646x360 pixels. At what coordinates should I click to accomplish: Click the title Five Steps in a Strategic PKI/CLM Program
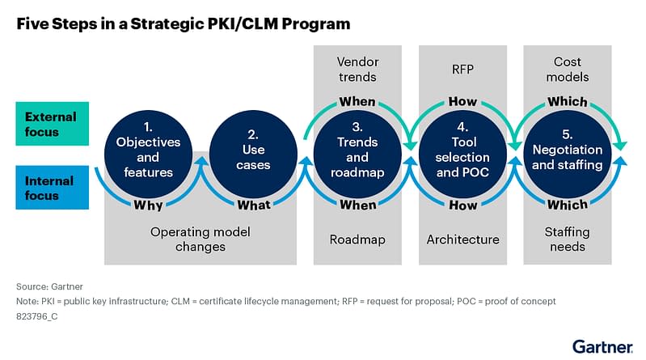click(x=184, y=23)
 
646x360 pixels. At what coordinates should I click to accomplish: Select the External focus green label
click(x=50, y=124)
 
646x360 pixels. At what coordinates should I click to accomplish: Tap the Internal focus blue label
click(x=49, y=188)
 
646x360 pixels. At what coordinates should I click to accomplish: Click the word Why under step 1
click(x=148, y=205)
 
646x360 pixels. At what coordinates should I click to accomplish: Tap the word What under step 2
click(x=254, y=205)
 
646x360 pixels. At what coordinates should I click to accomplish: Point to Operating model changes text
click(x=201, y=239)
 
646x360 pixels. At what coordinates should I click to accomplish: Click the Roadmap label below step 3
click(x=357, y=239)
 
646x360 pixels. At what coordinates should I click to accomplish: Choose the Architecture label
click(x=462, y=239)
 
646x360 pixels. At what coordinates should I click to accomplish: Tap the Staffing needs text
click(x=568, y=239)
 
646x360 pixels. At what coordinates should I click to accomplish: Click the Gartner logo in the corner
click(x=602, y=345)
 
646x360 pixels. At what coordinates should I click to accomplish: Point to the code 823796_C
click(x=38, y=316)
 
